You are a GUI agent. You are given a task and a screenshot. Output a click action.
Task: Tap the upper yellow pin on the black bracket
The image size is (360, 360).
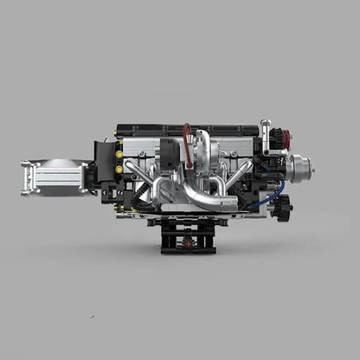tap(119, 154)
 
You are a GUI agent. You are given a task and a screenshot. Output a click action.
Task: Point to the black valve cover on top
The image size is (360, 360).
tap(186, 129)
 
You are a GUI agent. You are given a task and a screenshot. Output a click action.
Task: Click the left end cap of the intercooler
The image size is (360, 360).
tap(28, 177)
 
